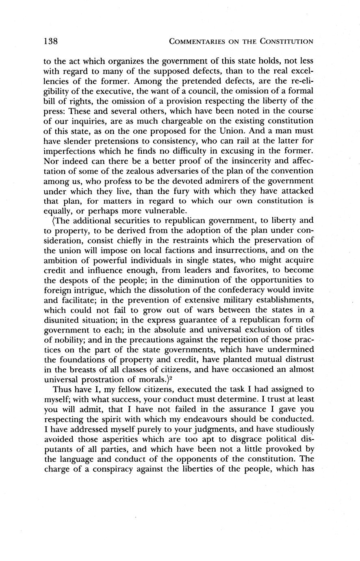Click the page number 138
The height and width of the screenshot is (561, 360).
(52, 41)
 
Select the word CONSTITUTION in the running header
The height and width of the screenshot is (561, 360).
(287, 41)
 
